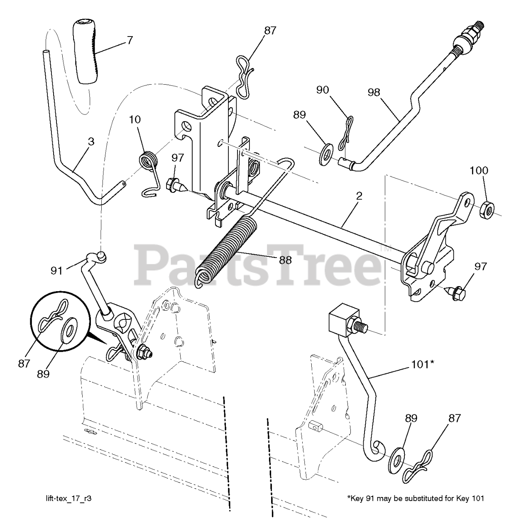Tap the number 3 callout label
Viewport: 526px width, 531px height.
pos(91,141)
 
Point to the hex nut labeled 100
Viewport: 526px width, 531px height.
pos(485,210)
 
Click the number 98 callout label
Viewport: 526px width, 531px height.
pos(374,93)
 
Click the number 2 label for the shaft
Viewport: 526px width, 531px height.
pos(359,196)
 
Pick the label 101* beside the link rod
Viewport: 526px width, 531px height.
pos(423,364)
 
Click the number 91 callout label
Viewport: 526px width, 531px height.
pos(56,270)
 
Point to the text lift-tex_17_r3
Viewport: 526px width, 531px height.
pos(69,498)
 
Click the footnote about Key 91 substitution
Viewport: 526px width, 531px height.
pos(415,498)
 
